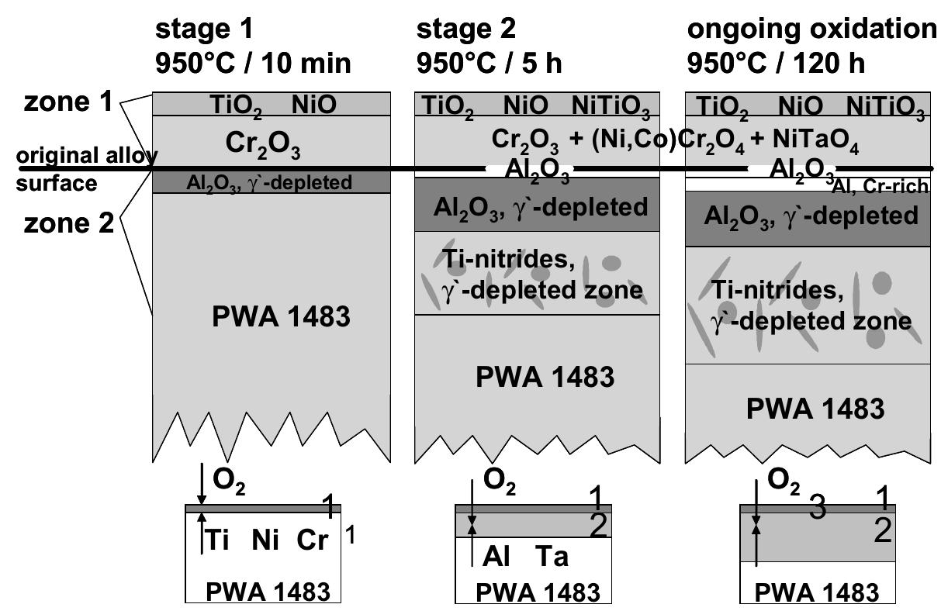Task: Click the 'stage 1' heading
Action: pos(204,29)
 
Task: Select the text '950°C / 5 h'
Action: pos(489,63)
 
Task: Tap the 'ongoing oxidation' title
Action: pos(812,29)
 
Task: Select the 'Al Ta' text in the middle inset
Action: pos(525,556)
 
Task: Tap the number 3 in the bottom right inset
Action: pos(816,508)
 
